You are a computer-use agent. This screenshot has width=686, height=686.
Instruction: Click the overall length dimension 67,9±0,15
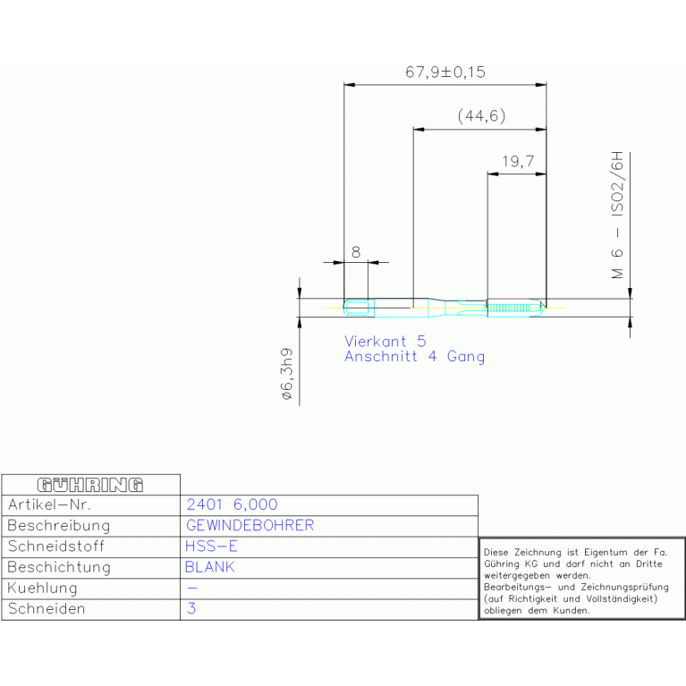pos(445,72)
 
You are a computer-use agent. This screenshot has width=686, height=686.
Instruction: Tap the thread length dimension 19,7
pos(518,161)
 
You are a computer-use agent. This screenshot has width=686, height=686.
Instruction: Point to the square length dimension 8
pos(356,252)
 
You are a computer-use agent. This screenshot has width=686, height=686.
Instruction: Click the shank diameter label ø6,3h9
pos(287,374)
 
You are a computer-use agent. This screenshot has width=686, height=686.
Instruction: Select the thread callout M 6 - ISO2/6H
pos(617,216)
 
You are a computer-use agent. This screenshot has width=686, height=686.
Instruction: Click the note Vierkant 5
pos(385,342)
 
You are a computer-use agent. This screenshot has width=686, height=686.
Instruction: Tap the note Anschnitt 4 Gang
pos(414,357)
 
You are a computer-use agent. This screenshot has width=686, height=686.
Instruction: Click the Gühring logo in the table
pos(90,485)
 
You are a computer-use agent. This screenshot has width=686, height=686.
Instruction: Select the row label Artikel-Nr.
pos(49,504)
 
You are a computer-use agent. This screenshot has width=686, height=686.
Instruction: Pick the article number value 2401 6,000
pos(232,504)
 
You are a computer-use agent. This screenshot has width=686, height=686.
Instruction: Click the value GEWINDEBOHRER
pos(250,525)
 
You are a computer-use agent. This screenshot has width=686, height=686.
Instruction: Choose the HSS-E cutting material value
pos(211,546)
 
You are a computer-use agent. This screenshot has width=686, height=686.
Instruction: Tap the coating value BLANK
pos(209,567)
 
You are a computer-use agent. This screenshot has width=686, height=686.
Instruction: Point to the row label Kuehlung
pos(42,588)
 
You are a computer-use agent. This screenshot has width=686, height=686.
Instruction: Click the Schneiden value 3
pos(191,608)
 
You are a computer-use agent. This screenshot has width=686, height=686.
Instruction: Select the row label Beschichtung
pos(59,567)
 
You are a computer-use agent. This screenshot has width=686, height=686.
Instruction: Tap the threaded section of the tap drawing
pos(515,308)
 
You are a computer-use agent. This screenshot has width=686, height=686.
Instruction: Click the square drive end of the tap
pos(359,308)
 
